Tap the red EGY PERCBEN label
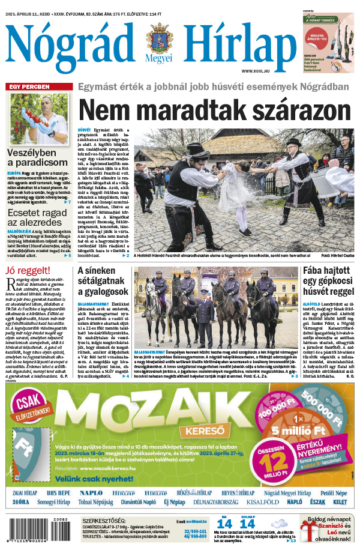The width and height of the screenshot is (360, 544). click(x=29, y=87)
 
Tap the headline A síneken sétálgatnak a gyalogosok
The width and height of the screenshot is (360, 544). click(x=103, y=281)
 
